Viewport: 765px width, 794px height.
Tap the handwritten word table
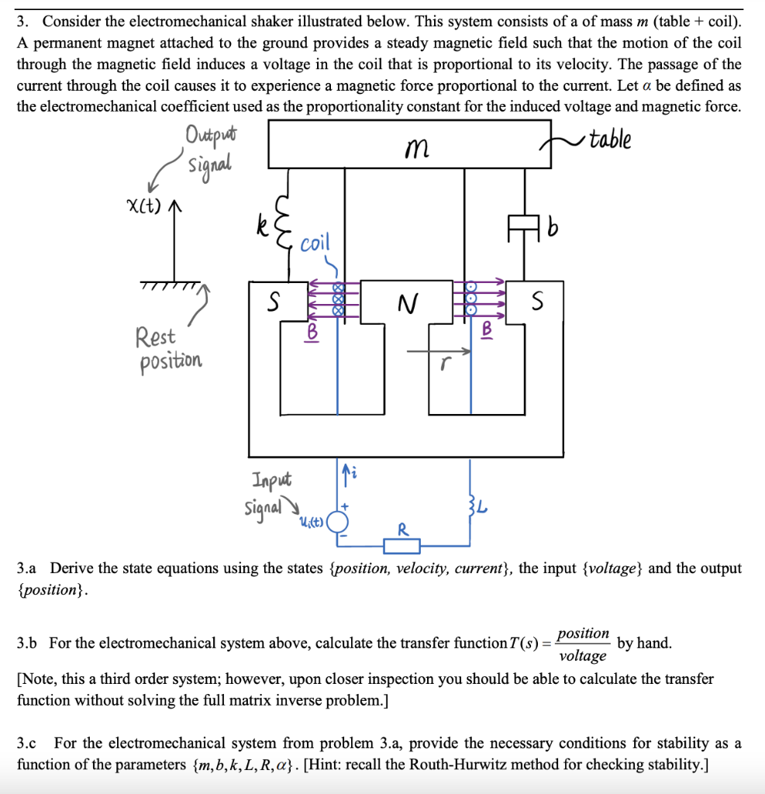610,140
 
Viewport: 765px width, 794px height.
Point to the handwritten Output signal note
209,149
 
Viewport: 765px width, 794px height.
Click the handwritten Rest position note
169,349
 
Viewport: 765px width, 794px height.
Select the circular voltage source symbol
337,523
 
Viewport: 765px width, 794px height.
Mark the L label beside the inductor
481,508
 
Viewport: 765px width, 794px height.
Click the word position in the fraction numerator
583,633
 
